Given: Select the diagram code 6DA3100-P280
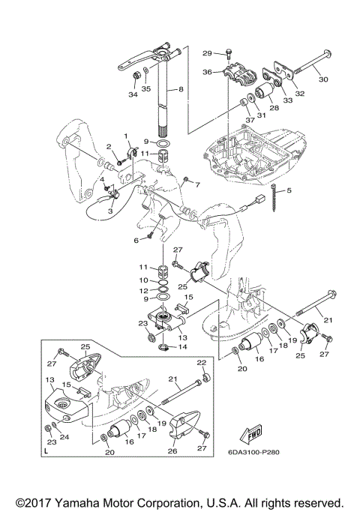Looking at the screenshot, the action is point(253,452).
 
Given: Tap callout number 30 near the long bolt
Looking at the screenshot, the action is point(323,79).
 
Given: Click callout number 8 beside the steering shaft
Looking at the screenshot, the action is point(181,88).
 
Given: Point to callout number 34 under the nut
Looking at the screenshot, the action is point(133,94).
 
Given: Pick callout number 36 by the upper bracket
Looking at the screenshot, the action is point(208,72).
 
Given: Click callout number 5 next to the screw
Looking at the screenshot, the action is point(289,190).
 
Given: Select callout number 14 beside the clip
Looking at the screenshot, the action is point(182,346).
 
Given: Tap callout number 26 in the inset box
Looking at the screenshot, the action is point(172,451).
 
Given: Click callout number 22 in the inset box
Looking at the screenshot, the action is point(202,363).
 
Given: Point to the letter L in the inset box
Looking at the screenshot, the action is point(46,451).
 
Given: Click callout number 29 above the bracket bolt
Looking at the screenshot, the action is point(207,53).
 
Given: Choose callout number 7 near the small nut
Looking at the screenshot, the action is point(197,185).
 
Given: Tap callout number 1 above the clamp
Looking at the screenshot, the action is point(127,135).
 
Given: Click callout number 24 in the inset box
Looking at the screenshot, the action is point(64,436).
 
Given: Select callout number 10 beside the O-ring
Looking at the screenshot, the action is point(144,280).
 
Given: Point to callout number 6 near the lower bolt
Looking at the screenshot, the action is point(136,241).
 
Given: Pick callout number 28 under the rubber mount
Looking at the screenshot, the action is point(274,107).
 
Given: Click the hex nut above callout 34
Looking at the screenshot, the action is point(136,76).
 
